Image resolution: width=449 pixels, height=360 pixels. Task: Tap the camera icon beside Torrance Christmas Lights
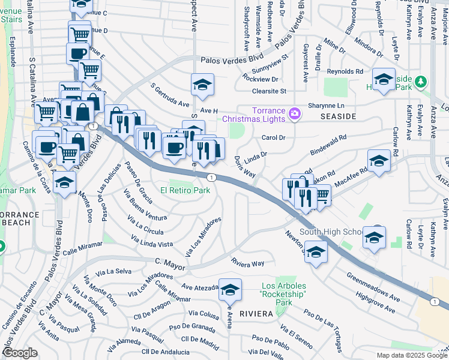(x=295, y=113)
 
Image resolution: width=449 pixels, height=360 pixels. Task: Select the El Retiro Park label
(x=184, y=190)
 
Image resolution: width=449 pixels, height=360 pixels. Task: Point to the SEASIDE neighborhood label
(x=339, y=116)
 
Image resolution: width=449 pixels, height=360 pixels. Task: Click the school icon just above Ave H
(x=203, y=85)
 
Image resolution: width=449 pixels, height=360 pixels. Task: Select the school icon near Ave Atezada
(x=230, y=290)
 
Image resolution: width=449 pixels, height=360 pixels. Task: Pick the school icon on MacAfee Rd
(x=379, y=161)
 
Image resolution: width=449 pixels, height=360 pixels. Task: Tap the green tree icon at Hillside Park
(x=421, y=81)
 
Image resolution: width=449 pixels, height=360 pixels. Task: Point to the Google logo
(x=20, y=353)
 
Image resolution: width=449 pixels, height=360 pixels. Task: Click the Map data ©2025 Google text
(x=412, y=355)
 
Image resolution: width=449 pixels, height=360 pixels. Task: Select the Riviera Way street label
(x=248, y=263)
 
